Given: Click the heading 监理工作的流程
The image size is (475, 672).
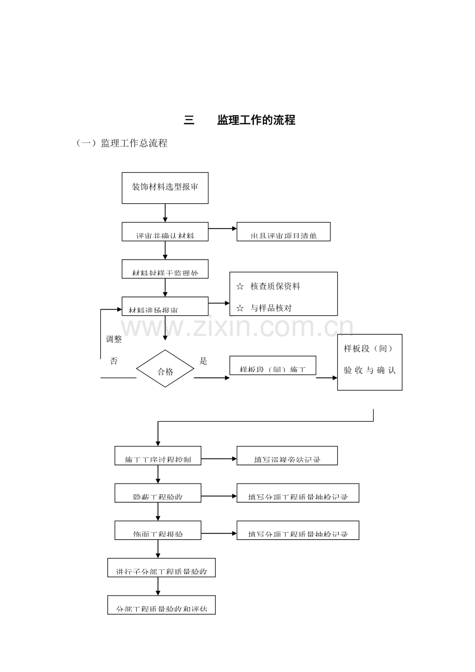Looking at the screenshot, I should pos(256,120).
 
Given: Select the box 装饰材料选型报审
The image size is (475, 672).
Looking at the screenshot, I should pos(165,187).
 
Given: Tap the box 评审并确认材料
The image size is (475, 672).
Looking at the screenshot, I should pos(165,232).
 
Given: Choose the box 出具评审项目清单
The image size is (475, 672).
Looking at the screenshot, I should pos(283,232).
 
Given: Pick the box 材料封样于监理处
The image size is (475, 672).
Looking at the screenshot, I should pos(165,269).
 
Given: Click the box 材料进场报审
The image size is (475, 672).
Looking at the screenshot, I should pos(165,306).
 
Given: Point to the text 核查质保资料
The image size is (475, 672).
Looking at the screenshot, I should pos(275,286).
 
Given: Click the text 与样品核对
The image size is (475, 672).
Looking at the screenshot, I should pos(271,308).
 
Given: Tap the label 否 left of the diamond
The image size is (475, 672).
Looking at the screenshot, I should pos(114,361).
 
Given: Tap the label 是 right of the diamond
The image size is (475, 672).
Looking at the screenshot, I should pos(203,361).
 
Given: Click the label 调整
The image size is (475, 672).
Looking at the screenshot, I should pos(114,339).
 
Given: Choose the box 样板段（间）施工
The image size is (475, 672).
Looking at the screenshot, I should pos(273,365).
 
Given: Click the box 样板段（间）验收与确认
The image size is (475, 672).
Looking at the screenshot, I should pos(370,362).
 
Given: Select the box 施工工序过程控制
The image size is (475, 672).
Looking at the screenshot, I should pos(157,456).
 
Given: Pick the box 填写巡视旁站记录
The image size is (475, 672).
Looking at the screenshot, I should pos(287,456).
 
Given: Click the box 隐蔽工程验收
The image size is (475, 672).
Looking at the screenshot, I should pos(157,493).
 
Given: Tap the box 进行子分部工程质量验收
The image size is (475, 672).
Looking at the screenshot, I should pos(161,567).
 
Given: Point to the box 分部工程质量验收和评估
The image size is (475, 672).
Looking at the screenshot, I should pos(161,605).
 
